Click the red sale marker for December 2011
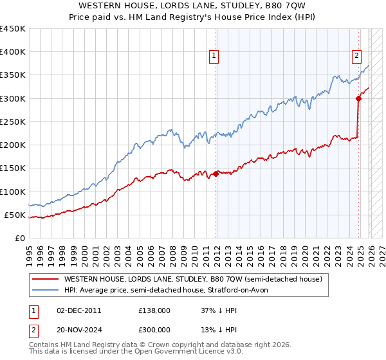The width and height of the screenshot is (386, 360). tap(216, 174)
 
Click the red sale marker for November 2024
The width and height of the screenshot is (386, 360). tap(358, 98)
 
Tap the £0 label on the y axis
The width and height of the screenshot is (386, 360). tap(19, 238)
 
